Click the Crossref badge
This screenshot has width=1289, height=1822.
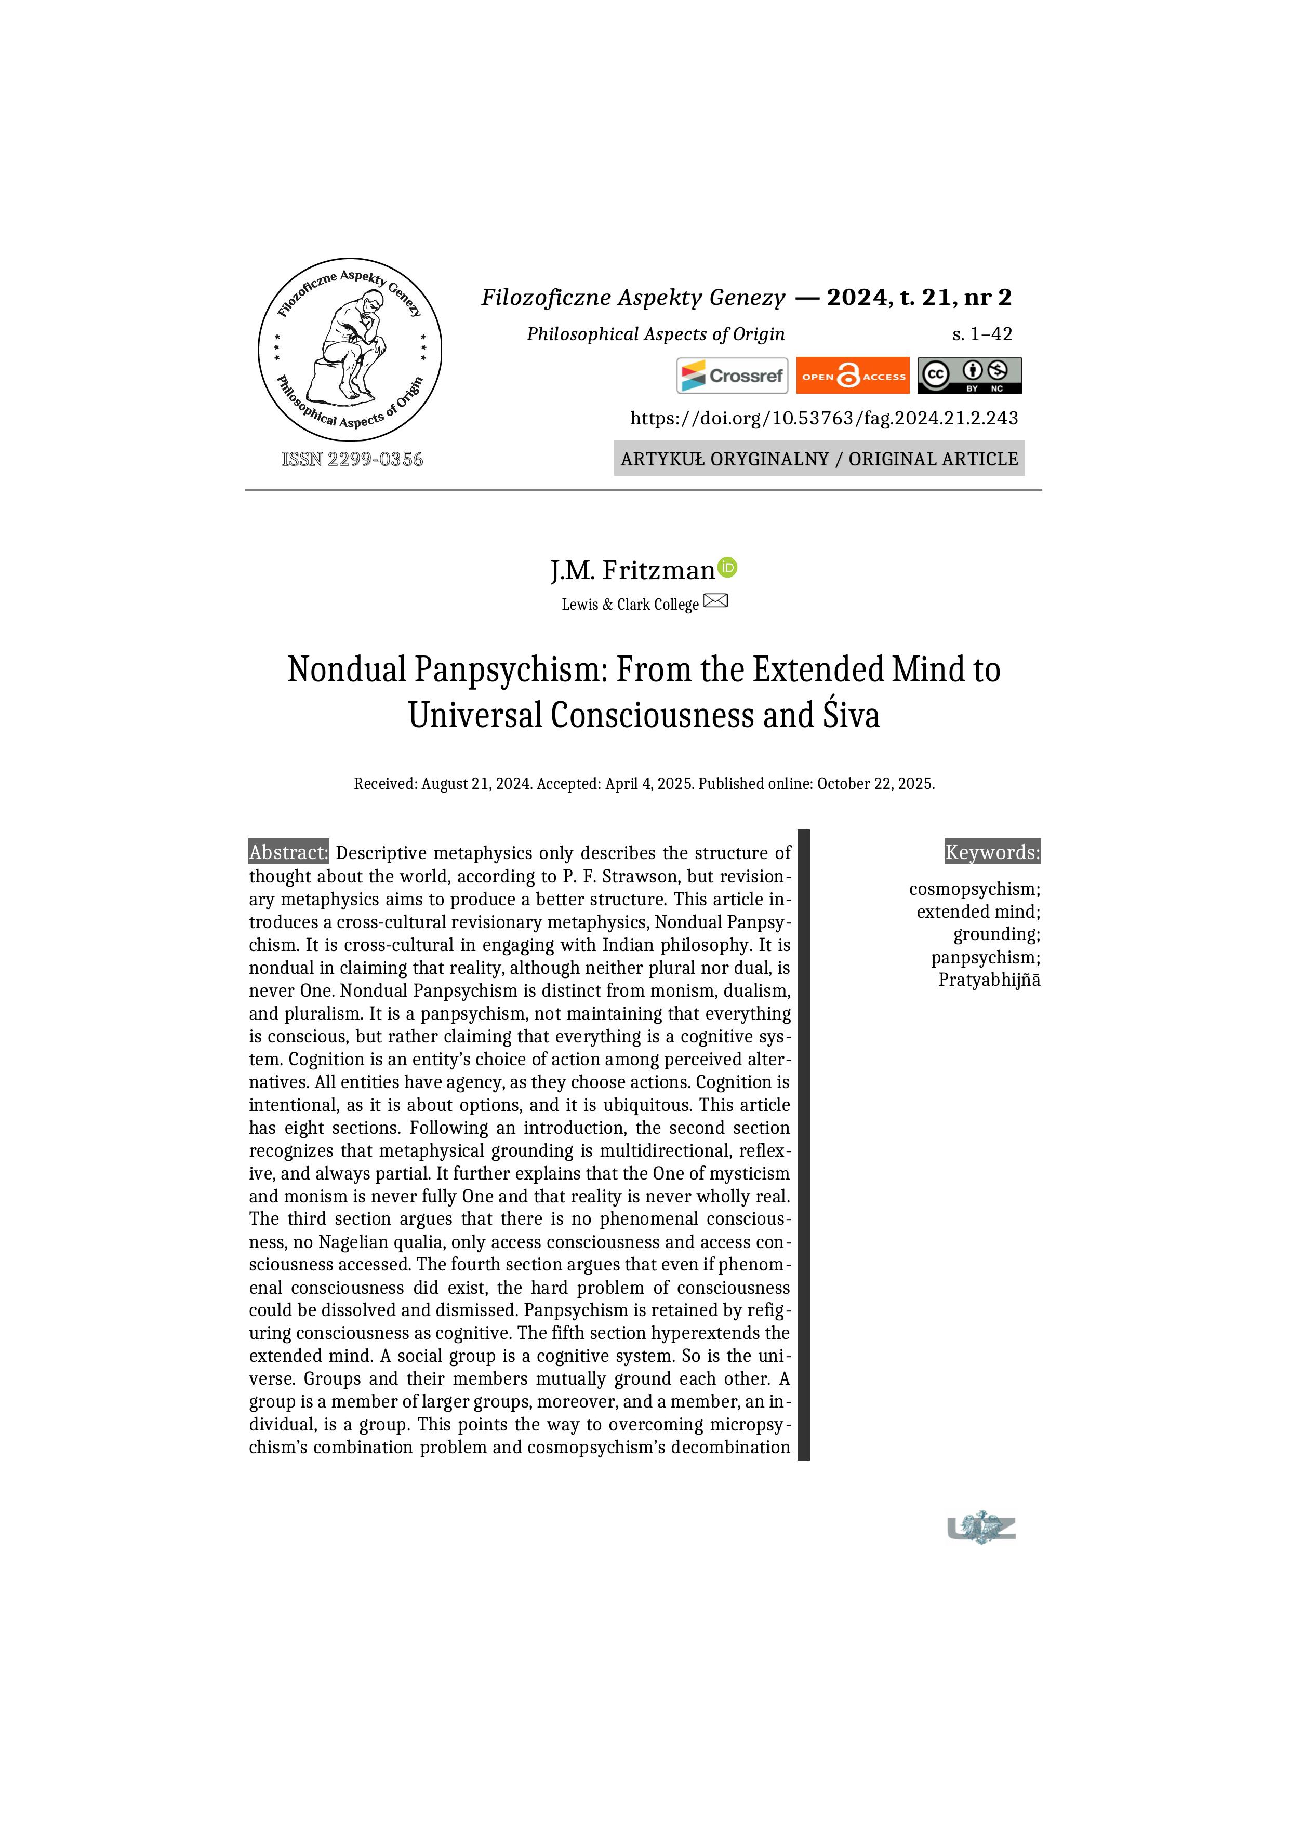click(732, 376)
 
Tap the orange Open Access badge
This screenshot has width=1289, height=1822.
click(853, 376)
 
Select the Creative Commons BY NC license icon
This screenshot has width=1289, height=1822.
click(969, 376)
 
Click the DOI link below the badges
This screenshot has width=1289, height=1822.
click(824, 418)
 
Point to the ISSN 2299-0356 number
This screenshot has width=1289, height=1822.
click(352, 460)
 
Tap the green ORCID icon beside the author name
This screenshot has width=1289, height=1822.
click(727, 567)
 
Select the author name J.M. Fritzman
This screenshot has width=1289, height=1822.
click(633, 571)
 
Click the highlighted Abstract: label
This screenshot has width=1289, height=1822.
click(288, 852)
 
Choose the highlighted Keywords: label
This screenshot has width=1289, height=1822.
click(992, 852)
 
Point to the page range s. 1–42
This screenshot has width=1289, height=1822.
click(982, 334)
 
